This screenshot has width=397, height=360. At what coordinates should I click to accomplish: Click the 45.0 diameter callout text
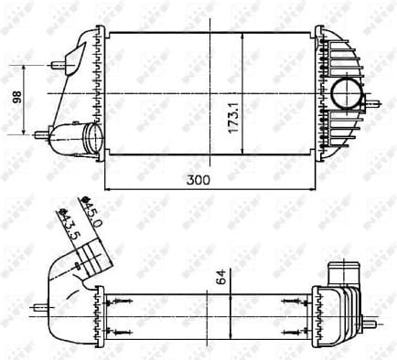point(91,217)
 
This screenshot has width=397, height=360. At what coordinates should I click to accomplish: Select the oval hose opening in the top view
point(91,139)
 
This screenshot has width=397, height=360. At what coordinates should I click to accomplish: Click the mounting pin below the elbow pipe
point(39,307)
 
